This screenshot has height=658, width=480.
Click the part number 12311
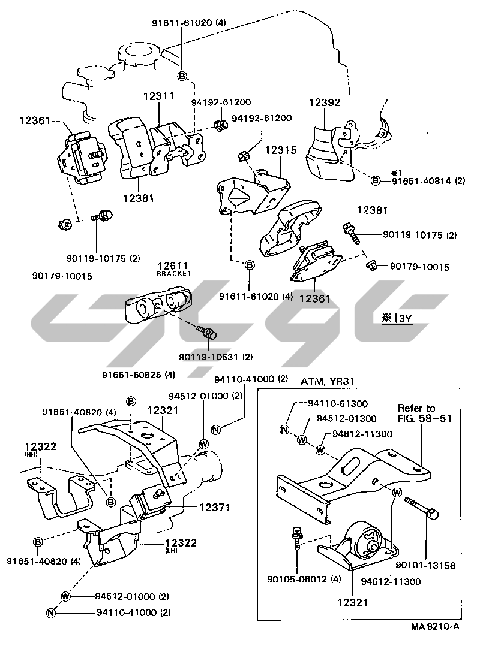point(158,95)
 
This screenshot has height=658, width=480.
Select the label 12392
point(325,102)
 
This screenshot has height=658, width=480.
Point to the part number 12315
point(280,151)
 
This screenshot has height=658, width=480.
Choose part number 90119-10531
point(206,357)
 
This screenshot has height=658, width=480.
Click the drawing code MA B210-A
point(435,627)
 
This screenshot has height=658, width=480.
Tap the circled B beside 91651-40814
point(375,180)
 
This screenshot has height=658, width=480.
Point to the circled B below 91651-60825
point(130,400)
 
